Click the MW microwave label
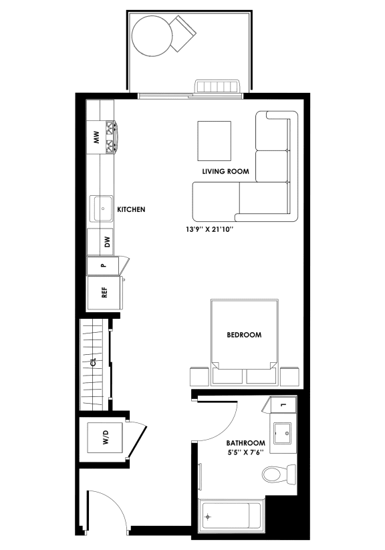tap(96, 138)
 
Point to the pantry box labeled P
tap(103, 265)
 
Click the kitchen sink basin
tap(103, 209)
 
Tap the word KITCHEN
tap(131, 210)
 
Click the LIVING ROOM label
tap(225, 172)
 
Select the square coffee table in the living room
tap(214, 140)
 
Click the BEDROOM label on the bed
tap(243, 335)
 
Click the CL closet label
tap(94, 363)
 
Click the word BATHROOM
tap(245, 443)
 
